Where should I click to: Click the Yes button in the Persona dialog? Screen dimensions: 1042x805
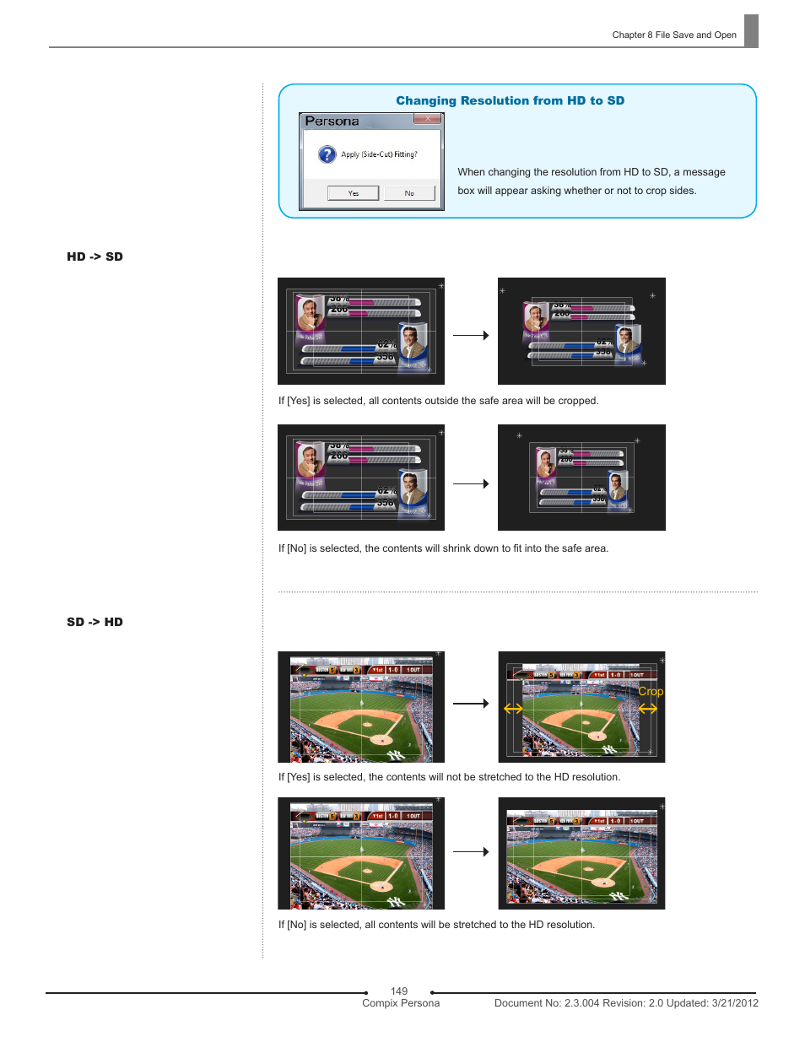(353, 193)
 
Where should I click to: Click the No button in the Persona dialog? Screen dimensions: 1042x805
(409, 193)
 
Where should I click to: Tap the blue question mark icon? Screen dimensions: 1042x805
(327, 154)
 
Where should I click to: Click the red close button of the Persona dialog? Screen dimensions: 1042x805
(428, 119)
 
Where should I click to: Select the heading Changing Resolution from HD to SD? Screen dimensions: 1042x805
(510, 100)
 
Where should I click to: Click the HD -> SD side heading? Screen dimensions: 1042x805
(95, 256)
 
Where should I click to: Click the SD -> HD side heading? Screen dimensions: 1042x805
(95, 622)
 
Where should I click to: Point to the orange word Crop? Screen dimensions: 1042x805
(651, 691)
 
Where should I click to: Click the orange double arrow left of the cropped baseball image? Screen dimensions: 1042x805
(513, 709)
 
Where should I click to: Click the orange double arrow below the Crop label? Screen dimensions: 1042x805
(648, 709)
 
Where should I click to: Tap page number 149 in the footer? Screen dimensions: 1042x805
(399, 991)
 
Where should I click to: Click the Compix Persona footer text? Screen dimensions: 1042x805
(401, 1003)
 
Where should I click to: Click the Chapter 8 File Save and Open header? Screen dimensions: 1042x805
(673, 35)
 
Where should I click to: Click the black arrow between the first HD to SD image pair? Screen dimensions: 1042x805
(471, 335)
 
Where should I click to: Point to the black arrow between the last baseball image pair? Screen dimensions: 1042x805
(471, 851)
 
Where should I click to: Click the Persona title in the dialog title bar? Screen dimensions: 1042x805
(332, 121)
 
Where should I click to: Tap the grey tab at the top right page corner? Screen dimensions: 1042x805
(751, 31)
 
